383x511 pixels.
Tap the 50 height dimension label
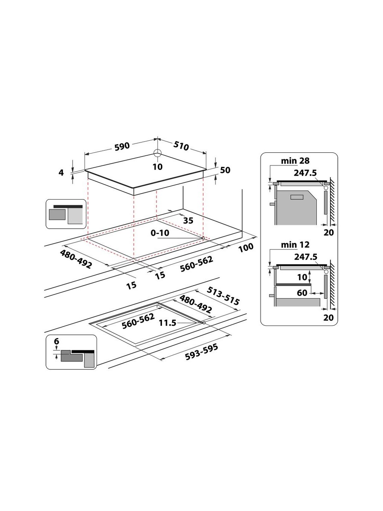[225, 170]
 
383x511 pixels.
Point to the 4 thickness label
[61, 173]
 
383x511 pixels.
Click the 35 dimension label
[188, 220]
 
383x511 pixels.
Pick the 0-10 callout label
[160, 233]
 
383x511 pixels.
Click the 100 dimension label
[245, 247]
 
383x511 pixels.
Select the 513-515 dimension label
[224, 296]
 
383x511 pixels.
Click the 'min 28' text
[295, 161]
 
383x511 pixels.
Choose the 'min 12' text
[295, 245]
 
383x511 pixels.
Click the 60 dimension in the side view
[302, 293]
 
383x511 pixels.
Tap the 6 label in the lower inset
[56, 341]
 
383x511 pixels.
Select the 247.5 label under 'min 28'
[305, 173]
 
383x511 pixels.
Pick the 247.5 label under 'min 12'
[305, 257]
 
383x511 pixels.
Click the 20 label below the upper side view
[328, 232]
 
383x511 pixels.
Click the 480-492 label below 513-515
[196, 304]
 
